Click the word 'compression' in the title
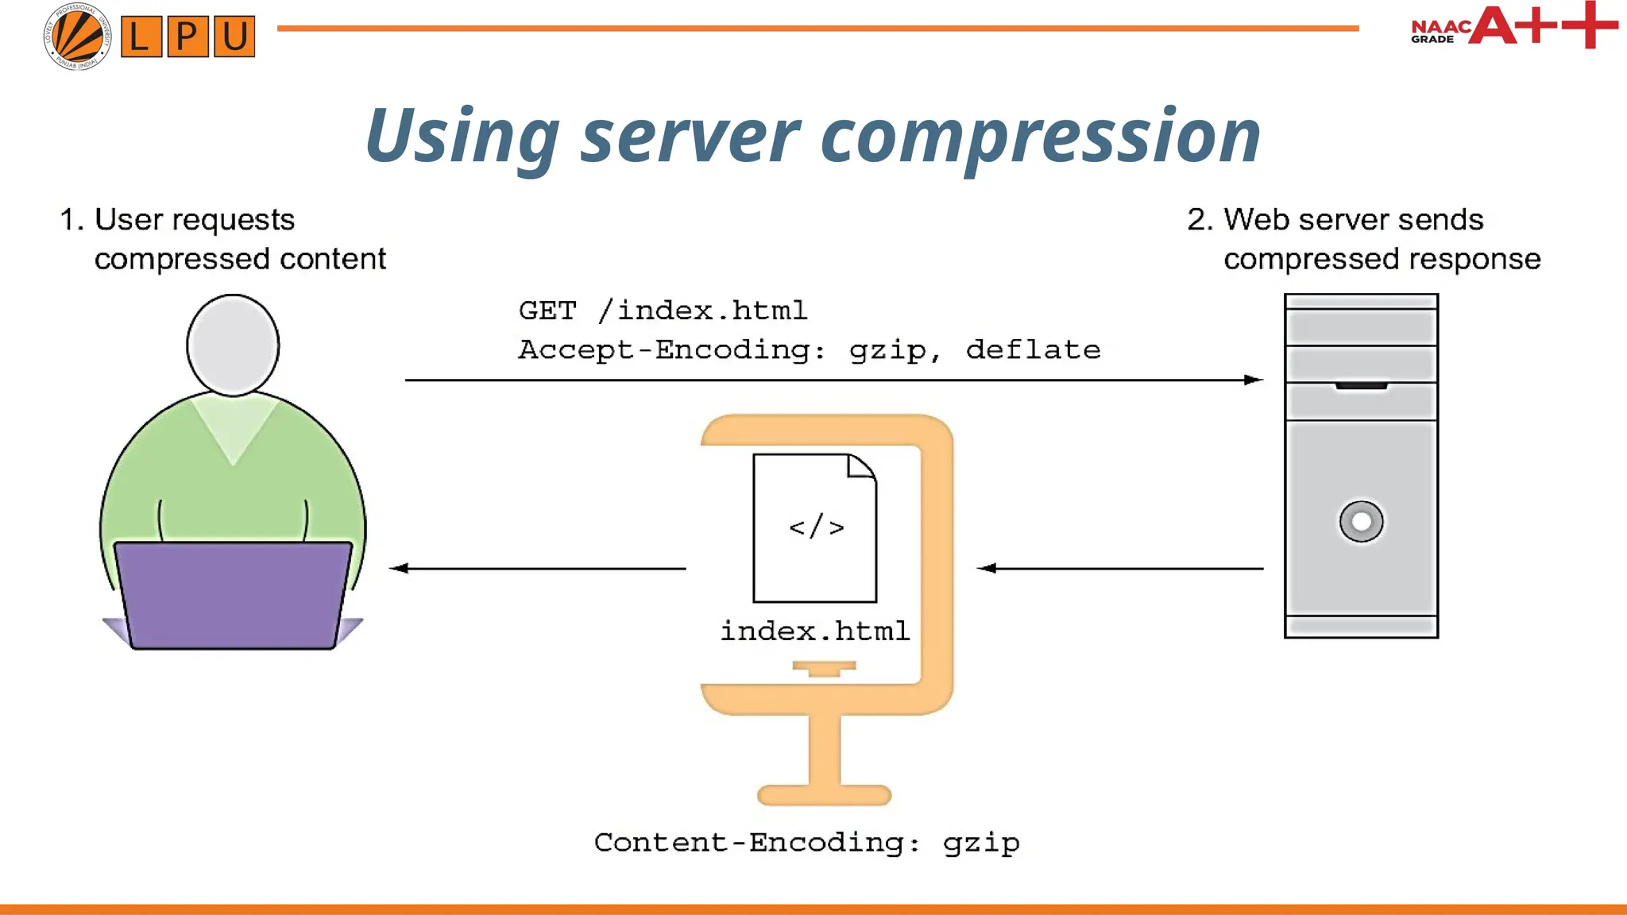tap(1041, 137)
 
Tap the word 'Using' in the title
tap(462, 137)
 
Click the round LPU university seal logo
tap(77, 36)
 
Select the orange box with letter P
tap(187, 37)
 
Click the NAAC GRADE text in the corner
tap(1440, 32)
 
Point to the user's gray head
tap(233, 345)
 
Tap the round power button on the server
tap(1361, 521)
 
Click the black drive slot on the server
tap(1361, 386)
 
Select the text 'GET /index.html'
tap(663, 310)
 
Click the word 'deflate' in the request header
tap(1033, 349)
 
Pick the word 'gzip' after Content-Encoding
tap(981, 843)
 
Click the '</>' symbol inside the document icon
tap(816, 527)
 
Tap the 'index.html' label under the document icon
tap(814, 631)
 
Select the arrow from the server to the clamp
tap(1120, 568)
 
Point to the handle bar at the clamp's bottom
tap(824, 794)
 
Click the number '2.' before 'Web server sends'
tap(1200, 219)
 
